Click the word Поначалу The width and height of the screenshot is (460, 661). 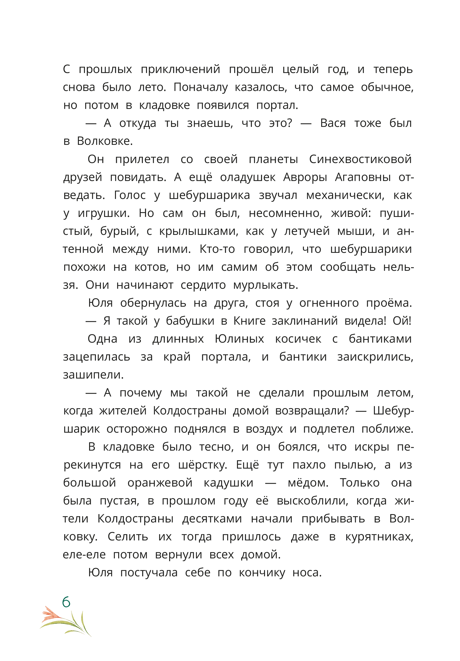tap(200, 87)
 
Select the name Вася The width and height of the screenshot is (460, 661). tap(333, 123)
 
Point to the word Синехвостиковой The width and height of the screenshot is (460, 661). tap(360, 159)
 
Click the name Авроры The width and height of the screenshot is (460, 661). tap(305, 177)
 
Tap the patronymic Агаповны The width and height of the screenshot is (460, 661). tap(363, 177)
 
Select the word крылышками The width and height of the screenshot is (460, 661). tap(199, 231)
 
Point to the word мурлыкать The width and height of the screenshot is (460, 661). tap(265, 285)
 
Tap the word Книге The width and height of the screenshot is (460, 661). tap(249, 321)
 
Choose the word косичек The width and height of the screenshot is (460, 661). tap(298, 339)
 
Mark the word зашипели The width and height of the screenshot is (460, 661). tap(93, 375)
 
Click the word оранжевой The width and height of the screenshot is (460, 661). tap(160, 483)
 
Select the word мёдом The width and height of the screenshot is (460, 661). tap(308, 483)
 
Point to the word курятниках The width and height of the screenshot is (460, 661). tap(379, 537)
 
